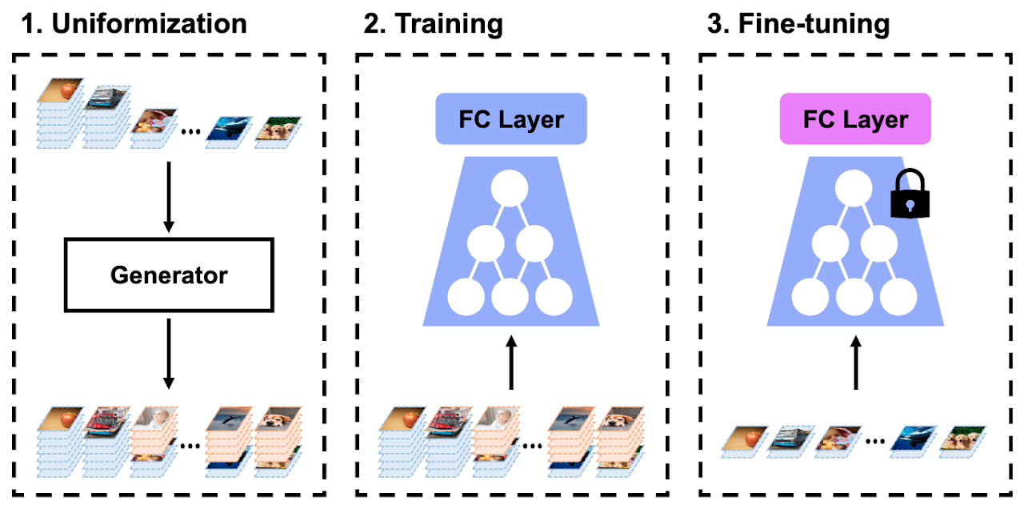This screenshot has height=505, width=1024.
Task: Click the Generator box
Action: [169, 275]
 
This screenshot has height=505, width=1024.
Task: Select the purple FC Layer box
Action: [855, 119]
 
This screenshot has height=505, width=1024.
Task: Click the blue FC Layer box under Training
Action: [511, 119]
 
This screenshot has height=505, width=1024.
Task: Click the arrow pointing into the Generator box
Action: [169, 197]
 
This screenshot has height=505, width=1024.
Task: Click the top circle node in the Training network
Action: [511, 190]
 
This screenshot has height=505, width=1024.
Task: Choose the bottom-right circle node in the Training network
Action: [554, 297]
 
